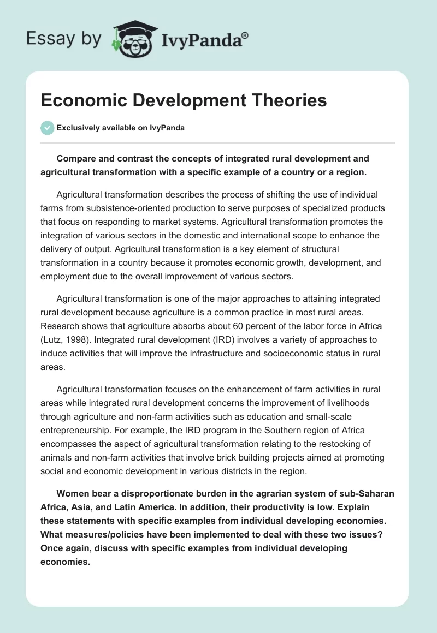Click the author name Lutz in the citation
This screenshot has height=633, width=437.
52,339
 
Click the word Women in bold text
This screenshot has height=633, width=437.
72,493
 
